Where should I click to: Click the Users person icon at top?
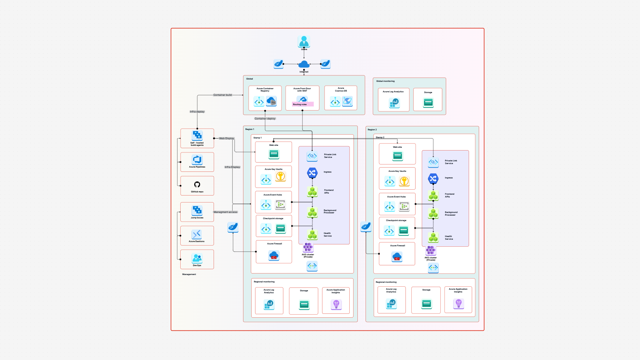point(304,41)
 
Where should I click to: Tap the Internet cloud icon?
point(304,64)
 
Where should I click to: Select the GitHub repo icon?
point(197,185)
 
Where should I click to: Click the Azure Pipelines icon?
point(197,159)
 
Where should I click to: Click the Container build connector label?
point(223,95)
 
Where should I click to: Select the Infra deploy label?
point(197,112)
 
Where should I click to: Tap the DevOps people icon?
point(197,258)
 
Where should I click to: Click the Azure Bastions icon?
point(197,234)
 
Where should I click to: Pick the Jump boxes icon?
point(197,210)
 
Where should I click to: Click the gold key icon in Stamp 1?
point(280,177)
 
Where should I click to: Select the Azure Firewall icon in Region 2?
point(397,256)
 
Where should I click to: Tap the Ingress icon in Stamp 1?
point(312,173)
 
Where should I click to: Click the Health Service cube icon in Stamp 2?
point(433,237)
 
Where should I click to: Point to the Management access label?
point(225,212)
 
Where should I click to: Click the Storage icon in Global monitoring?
point(428,102)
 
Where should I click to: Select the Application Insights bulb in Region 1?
point(336,305)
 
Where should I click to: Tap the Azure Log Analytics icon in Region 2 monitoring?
point(391,303)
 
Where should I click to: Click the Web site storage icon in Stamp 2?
point(397,156)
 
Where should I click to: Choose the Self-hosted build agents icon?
point(197,135)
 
